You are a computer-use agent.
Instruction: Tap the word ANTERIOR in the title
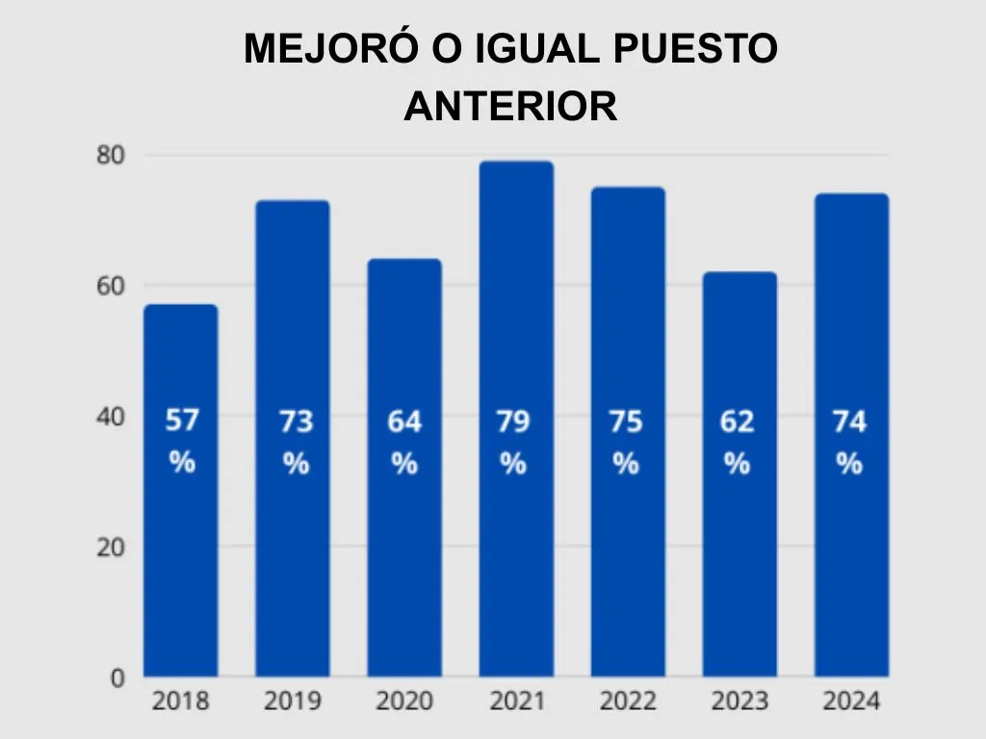510,107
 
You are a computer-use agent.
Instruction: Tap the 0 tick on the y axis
117,677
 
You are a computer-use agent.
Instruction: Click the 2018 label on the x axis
180,701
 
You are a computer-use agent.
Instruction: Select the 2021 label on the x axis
516,701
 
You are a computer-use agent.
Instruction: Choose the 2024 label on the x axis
851,701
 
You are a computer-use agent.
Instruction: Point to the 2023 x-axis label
739,701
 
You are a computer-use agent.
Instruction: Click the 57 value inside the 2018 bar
181,420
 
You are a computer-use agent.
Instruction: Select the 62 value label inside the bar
738,421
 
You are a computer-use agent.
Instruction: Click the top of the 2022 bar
628,189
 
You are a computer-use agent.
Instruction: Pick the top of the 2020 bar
404,261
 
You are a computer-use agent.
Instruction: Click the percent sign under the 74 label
848,464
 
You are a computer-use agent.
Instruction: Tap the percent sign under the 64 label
404,464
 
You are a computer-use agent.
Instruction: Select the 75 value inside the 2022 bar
626,421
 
